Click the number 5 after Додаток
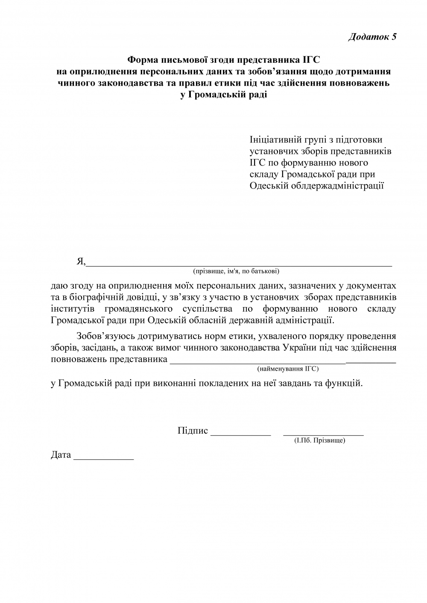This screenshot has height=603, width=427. coord(394,37)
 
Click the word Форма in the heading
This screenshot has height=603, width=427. coord(144,61)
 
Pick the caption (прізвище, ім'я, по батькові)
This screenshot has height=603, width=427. coord(236,271)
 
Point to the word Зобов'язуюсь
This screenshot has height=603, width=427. coord(105,336)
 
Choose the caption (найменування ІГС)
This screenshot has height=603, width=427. coord(288,368)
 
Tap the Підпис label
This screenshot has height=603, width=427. coord(193,431)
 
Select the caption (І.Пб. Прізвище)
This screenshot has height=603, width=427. coord(320,440)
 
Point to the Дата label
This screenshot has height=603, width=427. coord(61,455)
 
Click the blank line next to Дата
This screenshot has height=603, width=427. coord(104,458)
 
